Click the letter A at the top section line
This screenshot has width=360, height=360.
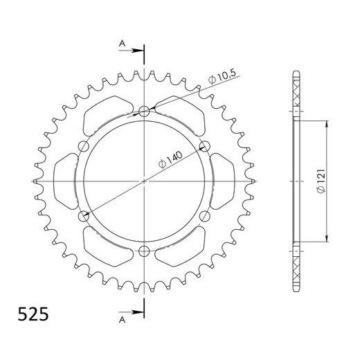[x=122, y=44]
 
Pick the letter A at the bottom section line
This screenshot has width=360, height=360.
[x=122, y=321]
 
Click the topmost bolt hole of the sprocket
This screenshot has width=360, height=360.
[x=144, y=111]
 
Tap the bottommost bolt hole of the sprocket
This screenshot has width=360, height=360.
[x=144, y=251]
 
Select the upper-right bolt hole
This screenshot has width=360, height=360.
[x=204, y=146]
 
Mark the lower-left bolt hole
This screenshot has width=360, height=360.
[x=84, y=217]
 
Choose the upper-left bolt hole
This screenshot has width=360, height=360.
[x=84, y=145]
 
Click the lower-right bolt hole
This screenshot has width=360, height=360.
[x=204, y=217]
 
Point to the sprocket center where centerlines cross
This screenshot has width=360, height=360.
[x=144, y=181]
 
